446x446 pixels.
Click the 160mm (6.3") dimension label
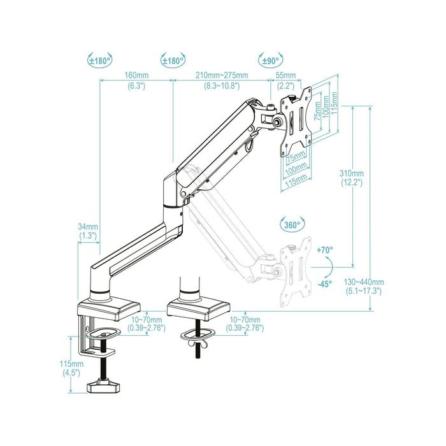136,80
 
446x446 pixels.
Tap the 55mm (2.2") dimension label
285,80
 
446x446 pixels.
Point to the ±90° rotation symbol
270,61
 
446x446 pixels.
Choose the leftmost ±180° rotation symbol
100,61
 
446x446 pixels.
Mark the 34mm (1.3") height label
88,231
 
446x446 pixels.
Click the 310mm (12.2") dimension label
351,178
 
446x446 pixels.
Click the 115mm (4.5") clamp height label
67,368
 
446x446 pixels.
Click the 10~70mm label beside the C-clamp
146,324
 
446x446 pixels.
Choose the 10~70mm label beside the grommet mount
245,324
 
